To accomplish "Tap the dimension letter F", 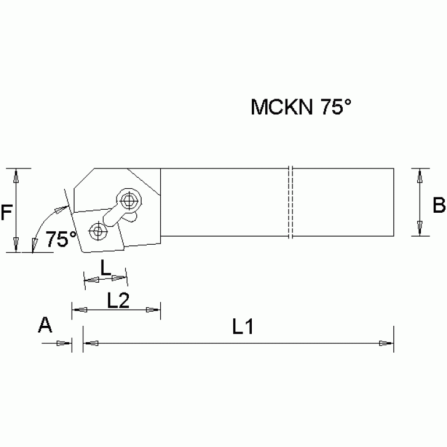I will click(x=6, y=214).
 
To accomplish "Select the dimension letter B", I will click(x=439, y=205).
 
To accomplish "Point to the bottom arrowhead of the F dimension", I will click(x=16, y=245).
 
